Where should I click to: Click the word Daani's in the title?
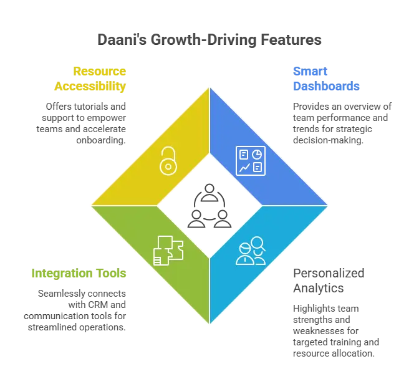click(122, 39)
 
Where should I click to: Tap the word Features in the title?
click(291, 39)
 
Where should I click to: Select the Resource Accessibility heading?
click(90, 79)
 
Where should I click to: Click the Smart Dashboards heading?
click(326, 79)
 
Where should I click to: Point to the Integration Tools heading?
click(79, 273)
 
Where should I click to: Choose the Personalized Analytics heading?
click(329, 281)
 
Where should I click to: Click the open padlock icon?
click(168, 161)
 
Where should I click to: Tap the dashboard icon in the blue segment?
click(251, 161)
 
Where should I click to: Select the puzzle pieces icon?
click(168, 251)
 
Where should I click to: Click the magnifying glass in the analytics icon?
click(258, 244)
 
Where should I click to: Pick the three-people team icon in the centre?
click(209, 206)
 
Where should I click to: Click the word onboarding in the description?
click(101, 140)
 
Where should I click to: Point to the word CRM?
click(98, 305)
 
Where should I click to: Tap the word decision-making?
click(328, 140)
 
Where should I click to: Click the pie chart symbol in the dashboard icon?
click(257, 154)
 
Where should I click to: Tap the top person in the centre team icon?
click(209, 193)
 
